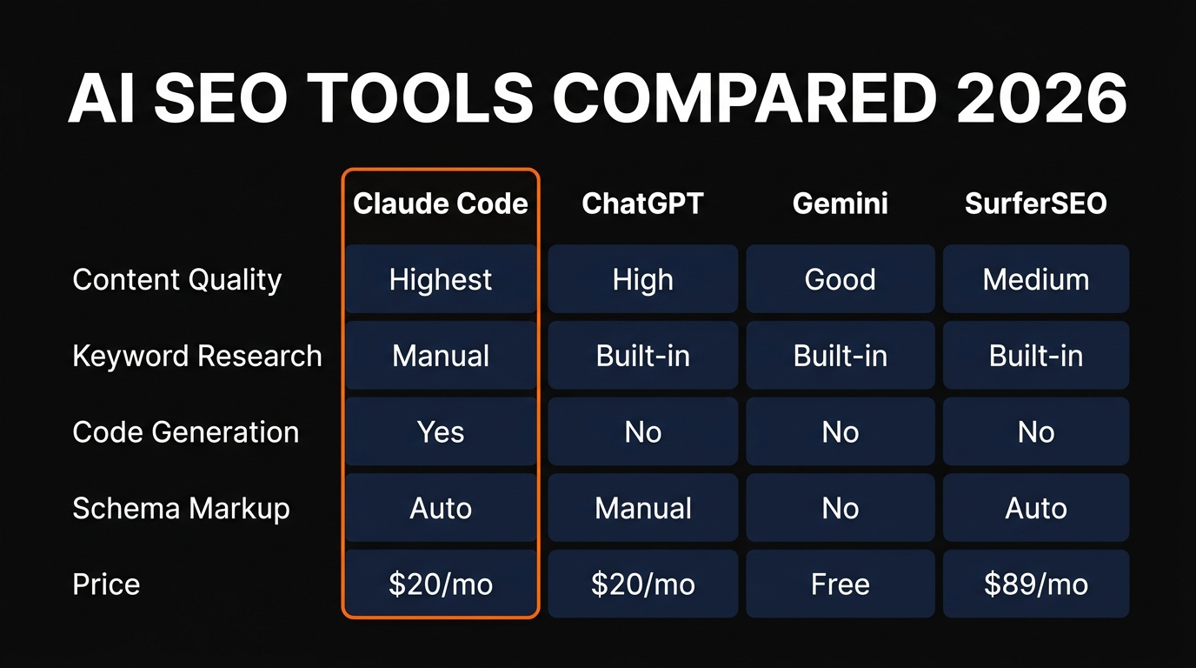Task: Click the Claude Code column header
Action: pyautogui.click(x=441, y=204)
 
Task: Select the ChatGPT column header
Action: pyautogui.click(x=642, y=204)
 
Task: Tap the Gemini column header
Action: pyautogui.click(x=840, y=204)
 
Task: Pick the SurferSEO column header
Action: pyautogui.click(x=1036, y=204)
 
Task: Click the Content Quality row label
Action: pyautogui.click(x=177, y=280)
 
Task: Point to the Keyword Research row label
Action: pyautogui.click(x=197, y=356)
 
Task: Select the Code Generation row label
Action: pyautogui.click(x=186, y=432)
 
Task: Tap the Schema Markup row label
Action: pyautogui.click(x=181, y=508)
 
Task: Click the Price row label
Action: pyautogui.click(x=106, y=584)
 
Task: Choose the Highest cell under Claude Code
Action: pyautogui.click(x=441, y=280)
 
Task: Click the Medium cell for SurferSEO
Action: pyautogui.click(x=1036, y=280)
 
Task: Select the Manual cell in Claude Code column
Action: pyautogui.click(x=441, y=356)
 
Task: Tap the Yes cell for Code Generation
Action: pyautogui.click(x=441, y=432)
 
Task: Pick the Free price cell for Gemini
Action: pyautogui.click(x=840, y=584)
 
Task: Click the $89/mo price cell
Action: pyautogui.click(x=1036, y=584)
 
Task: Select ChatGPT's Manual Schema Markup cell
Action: pyautogui.click(x=642, y=508)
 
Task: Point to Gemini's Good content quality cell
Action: pyautogui.click(x=840, y=280)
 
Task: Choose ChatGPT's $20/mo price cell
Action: pyautogui.click(x=642, y=584)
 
